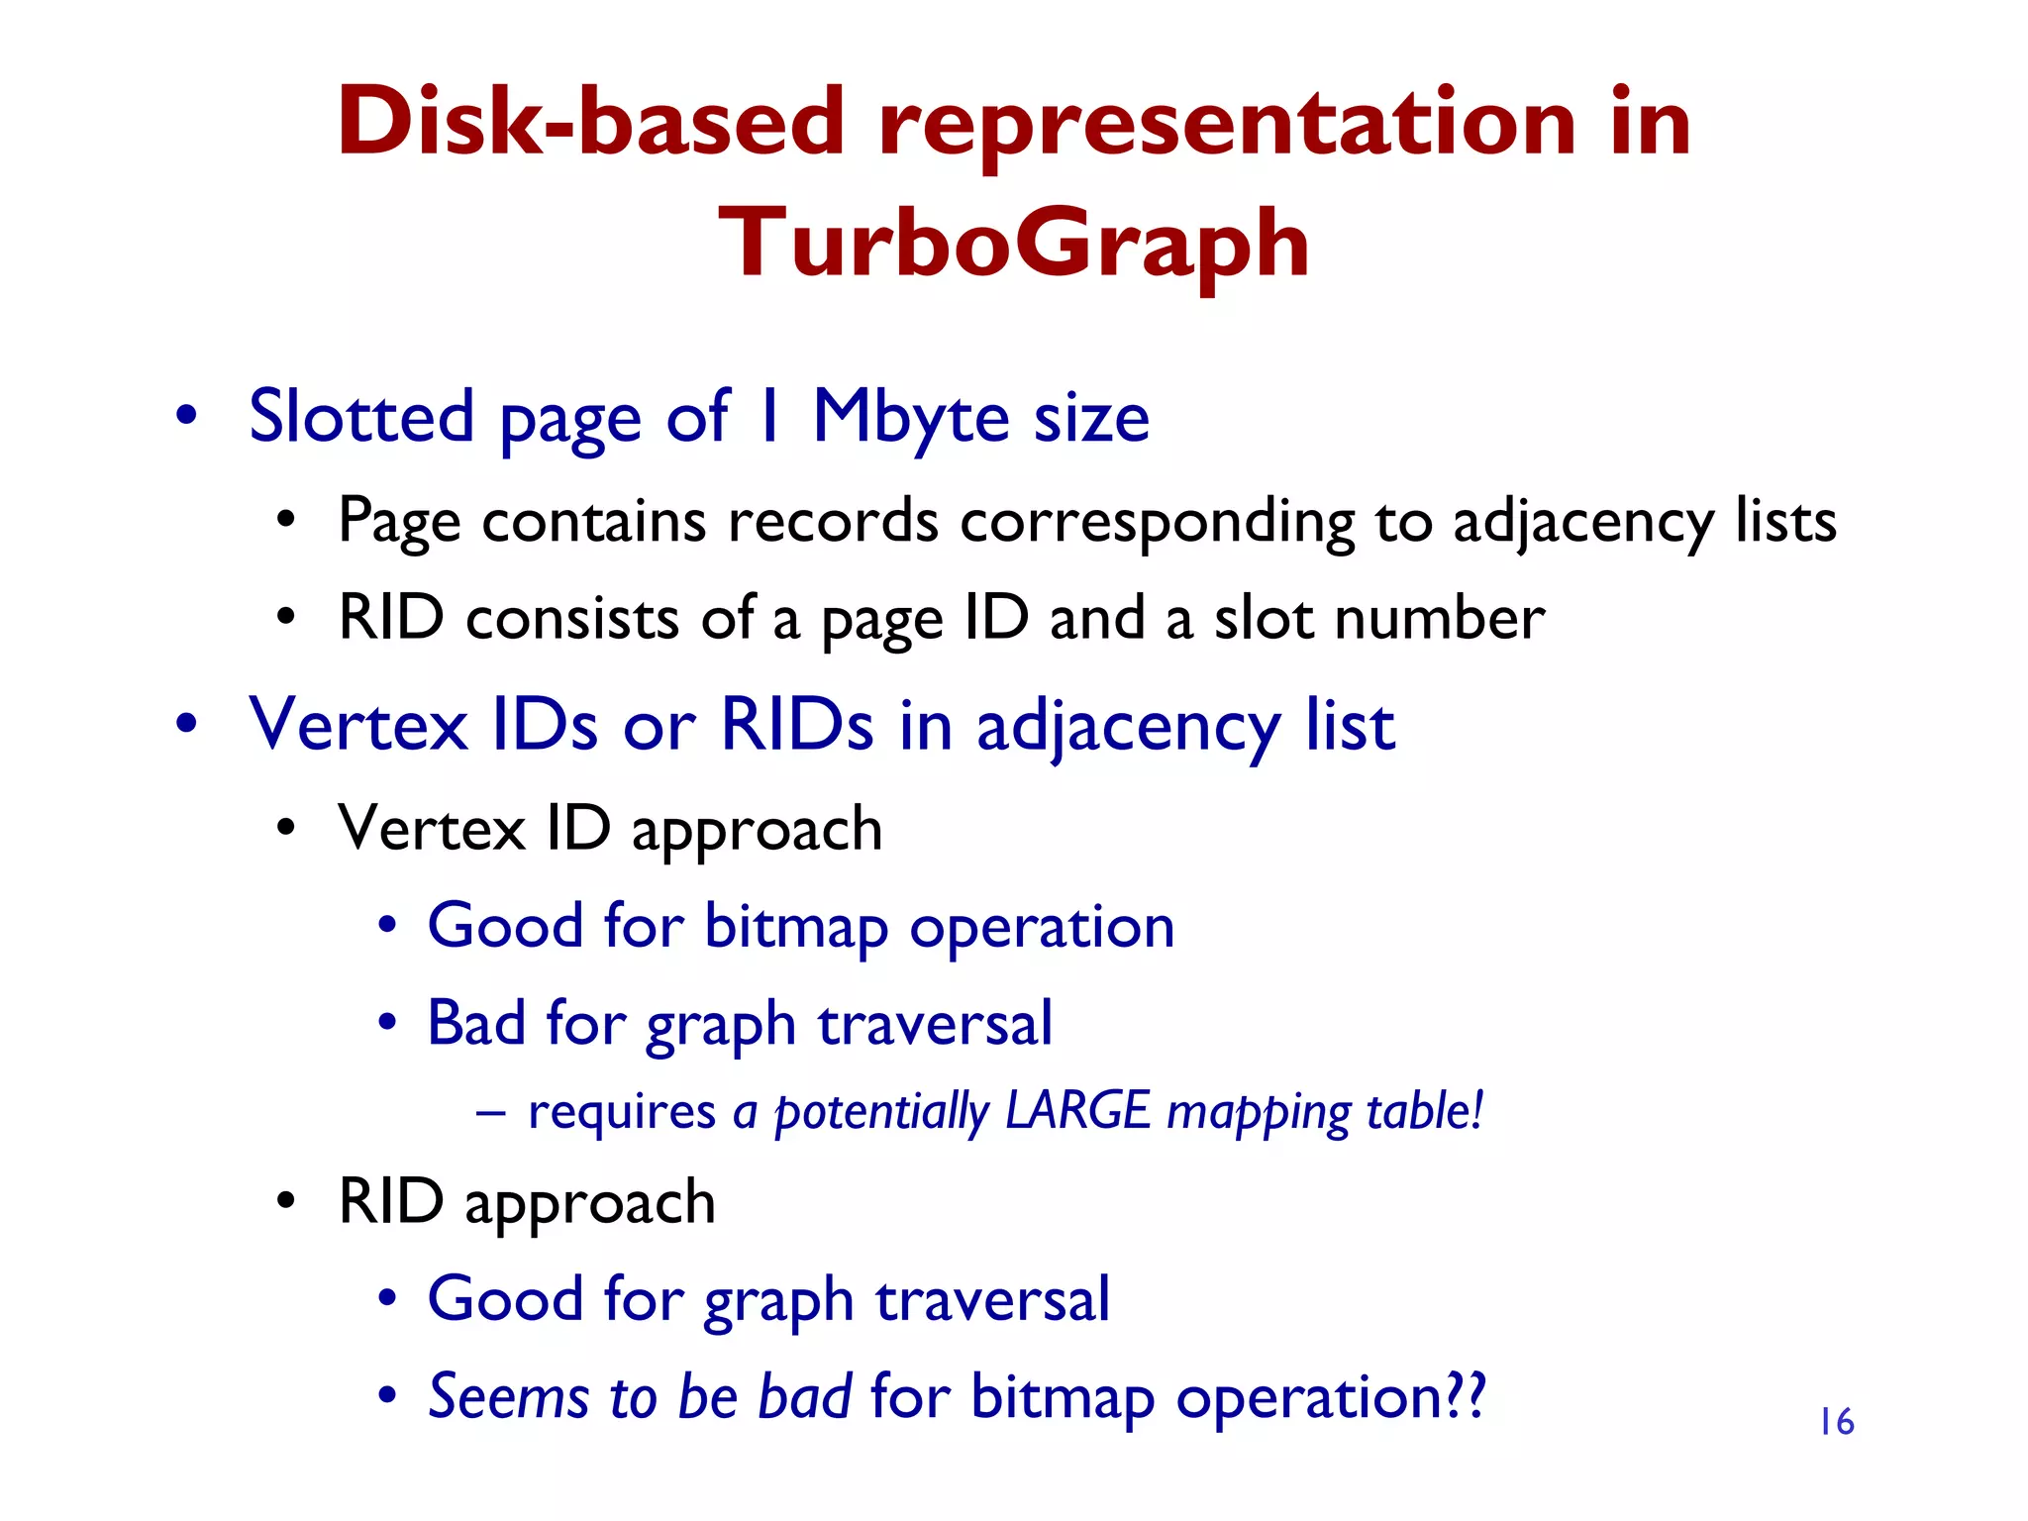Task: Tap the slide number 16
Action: point(1836,1422)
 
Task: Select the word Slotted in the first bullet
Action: point(361,417)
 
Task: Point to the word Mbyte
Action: point(911,417)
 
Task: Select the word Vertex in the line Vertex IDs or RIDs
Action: point(357,726)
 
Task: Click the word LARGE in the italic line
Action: point(1076,1110)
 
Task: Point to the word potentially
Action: point(880,1112)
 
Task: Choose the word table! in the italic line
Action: point(1424,1110)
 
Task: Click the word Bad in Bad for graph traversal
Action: point(475,1023)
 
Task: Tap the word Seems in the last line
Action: point(507,1397)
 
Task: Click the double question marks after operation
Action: point(1466,1397)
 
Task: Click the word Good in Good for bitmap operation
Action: point(505,926)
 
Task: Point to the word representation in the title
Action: point(1226,123)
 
